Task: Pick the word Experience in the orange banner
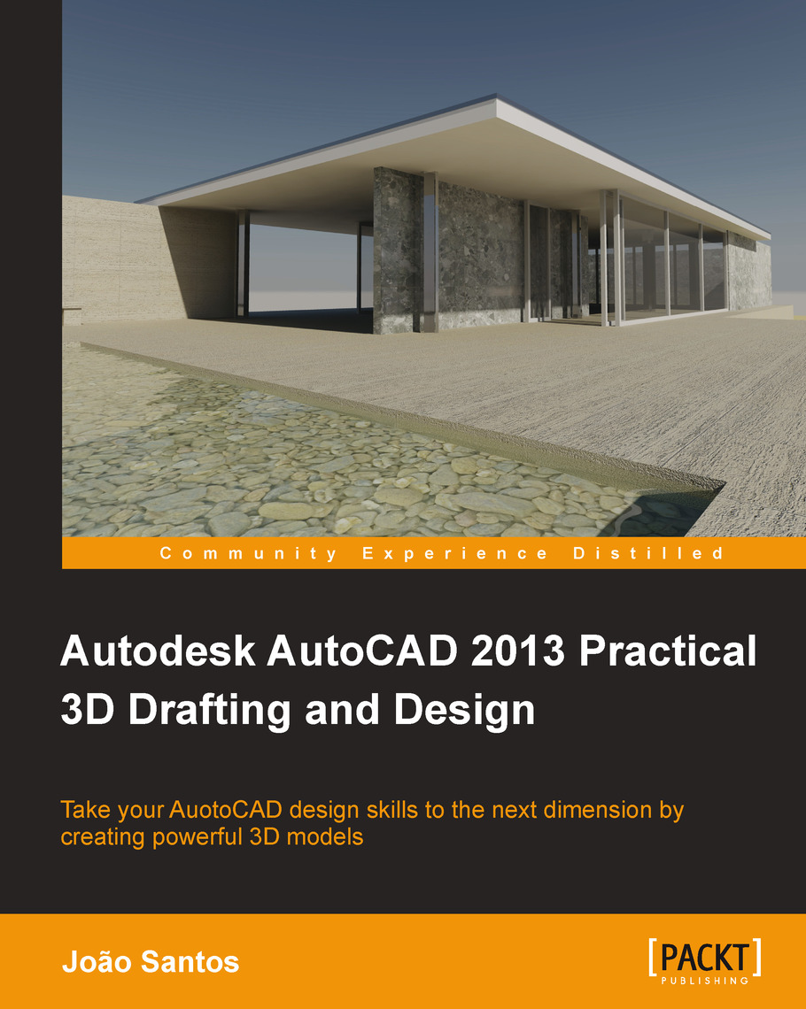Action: [454, 555]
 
